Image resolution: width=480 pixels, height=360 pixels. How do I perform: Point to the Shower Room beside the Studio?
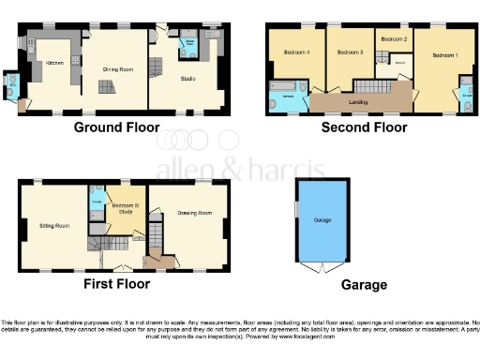tap(188, 43)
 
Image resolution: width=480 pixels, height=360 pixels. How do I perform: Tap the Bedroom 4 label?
tap(296, 52)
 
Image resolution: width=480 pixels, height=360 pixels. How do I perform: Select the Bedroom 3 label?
tap(349, 52)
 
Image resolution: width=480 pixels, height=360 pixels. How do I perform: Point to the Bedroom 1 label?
tap(444, 55)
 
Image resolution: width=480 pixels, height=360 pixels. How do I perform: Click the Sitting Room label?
tap(53, 226)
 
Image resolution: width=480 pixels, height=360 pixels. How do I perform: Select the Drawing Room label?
tap(189, 213)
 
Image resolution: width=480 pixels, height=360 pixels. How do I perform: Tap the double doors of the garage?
tap(322, 268)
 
